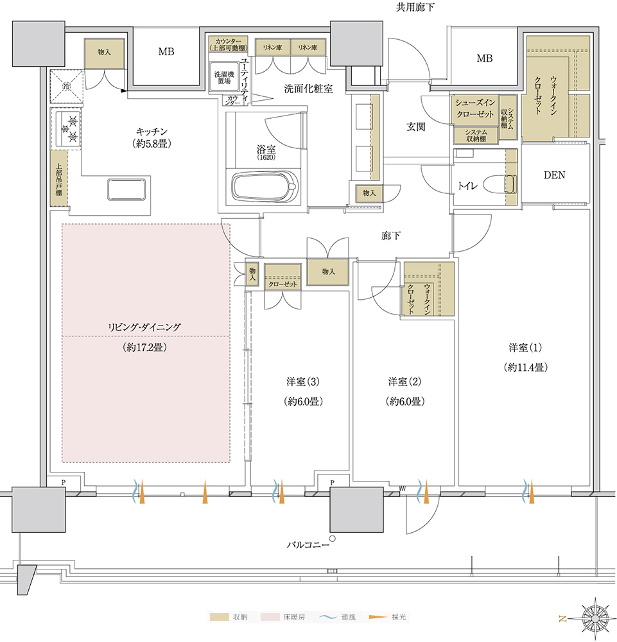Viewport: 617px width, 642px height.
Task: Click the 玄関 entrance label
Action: coord(416,126)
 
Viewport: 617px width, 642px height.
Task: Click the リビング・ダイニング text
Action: coord(145,327)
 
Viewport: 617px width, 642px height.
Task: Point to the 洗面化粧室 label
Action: coord(308,89)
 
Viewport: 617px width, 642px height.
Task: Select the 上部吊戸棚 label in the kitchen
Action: coord(58,178)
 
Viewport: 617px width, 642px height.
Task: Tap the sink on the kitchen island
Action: coord(127,190)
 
